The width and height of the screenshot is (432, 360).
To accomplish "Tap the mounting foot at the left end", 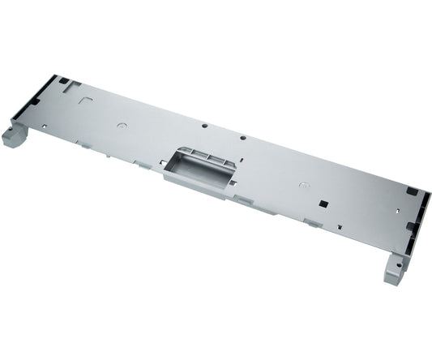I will click(14, 134).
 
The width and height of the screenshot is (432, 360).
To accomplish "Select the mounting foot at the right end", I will click(396, 268).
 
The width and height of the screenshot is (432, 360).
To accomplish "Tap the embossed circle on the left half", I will click(122, 126).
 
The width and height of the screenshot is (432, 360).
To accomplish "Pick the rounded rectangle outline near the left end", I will click(86, 101).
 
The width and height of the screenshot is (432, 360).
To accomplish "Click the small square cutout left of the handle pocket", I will click(163, 163).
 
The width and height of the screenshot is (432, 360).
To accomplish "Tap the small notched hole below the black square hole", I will click(340, 227).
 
